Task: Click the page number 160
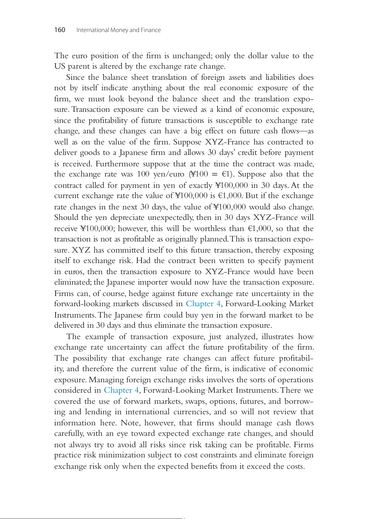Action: [x=60, y=30]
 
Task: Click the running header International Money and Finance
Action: [x=119, y=30]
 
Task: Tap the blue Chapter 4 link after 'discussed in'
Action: [x=203, y=304]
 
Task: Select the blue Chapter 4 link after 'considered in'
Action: [x=121, y=390]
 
